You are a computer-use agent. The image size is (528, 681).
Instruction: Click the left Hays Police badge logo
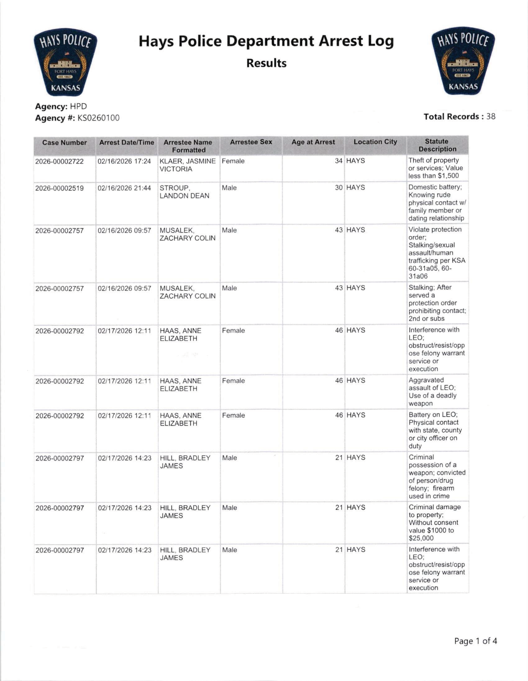(65, 62)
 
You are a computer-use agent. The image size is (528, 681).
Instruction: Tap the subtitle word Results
(266, 63)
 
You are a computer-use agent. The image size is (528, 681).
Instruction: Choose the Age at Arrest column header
(313, 142)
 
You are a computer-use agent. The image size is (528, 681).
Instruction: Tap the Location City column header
(375, 142)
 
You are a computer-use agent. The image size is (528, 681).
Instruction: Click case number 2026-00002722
(60, 162)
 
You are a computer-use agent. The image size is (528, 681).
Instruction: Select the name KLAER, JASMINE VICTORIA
(187, 165)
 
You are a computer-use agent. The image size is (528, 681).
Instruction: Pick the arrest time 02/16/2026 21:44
(124, 188)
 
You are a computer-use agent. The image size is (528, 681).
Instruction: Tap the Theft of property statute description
(435, 168)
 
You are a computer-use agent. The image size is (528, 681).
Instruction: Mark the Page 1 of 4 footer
(475, 641)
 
